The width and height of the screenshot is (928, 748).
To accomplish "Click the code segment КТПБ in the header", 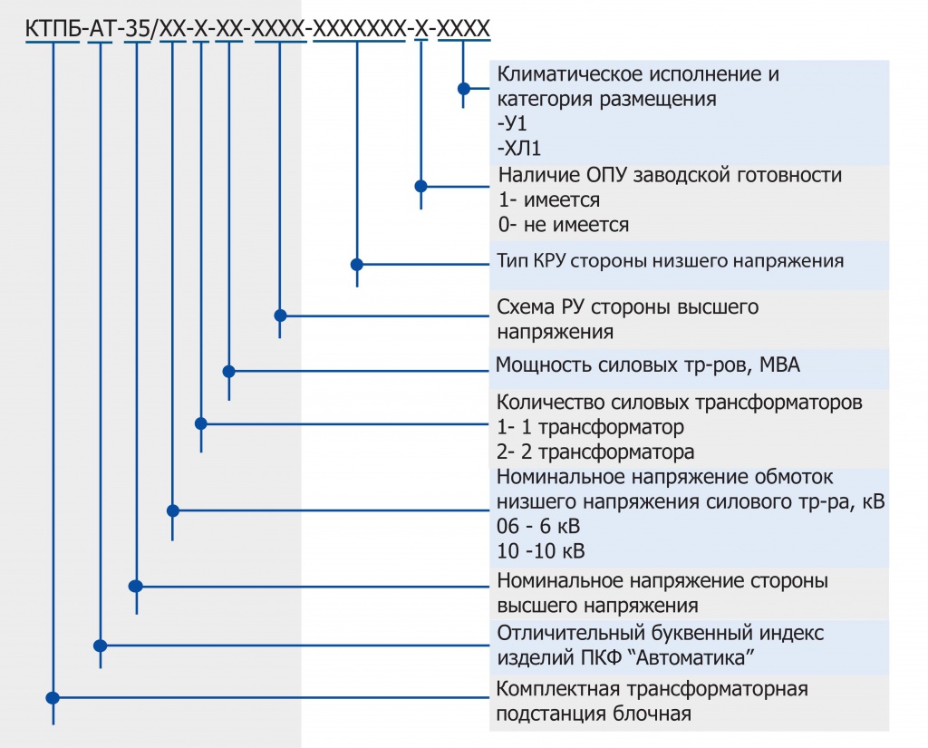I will [53, 29].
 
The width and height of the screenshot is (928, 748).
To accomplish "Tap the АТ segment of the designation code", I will [100, 29].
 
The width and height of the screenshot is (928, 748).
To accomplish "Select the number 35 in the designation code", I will [137, 29].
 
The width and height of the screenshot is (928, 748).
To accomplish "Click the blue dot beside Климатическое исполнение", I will [463, 89].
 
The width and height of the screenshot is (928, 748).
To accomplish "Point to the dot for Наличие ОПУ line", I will [420, 186].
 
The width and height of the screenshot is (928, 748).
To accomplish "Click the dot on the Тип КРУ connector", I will [357, 265].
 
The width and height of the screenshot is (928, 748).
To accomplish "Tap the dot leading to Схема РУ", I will [280, 316].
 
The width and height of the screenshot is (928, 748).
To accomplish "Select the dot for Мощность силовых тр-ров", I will [228, 371].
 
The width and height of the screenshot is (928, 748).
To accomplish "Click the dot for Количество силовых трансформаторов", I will [201, 423].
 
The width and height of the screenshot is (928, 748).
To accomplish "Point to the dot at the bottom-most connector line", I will [53, 698].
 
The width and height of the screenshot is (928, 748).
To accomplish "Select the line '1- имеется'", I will [549, 199].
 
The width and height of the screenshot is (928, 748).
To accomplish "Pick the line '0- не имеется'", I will [563, 224].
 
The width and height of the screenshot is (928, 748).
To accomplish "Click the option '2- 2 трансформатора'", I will [595, 451].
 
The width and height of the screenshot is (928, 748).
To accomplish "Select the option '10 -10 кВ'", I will [541, 551].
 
